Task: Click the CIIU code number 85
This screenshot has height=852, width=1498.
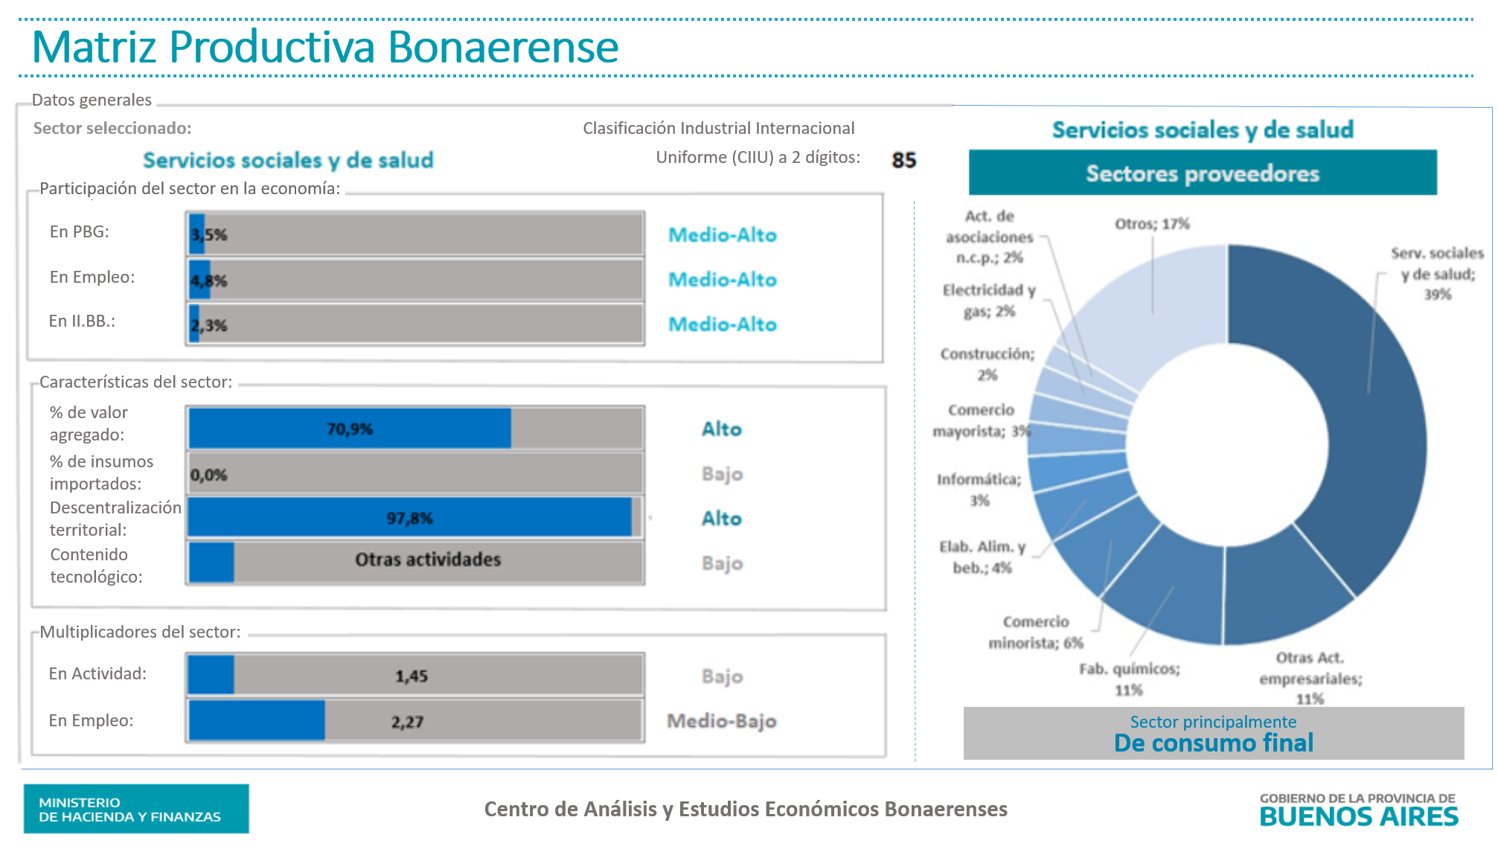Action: click(x=903, y=160)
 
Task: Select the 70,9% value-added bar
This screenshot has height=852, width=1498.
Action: click(x=350, y=429)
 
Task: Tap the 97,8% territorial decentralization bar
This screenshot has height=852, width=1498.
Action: click(x=409, y=518)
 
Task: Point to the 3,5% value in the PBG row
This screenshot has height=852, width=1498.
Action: click(x=209, y=235)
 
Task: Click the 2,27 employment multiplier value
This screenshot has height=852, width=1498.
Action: click(x=407, y=722)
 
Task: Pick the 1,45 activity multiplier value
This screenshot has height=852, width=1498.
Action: click(x=411, y=676)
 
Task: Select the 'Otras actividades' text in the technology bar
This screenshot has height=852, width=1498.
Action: click(x=428, y=560)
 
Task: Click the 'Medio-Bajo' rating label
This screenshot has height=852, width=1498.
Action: click(x=721, y=721)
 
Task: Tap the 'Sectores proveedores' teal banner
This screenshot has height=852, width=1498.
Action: click(x=1202, y=173)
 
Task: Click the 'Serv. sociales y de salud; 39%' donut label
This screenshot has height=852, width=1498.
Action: click(x=1437, y=274)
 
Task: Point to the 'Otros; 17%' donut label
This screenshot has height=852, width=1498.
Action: click(x=1152, y=224)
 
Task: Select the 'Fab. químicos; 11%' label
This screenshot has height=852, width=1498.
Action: click(x=1129, y=679)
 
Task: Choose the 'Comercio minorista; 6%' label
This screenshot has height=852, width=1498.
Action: click(x=1035, y=632)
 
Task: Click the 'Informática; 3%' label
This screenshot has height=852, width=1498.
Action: click(x=979, y=490)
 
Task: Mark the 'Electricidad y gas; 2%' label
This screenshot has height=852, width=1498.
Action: click(x=989, y=301)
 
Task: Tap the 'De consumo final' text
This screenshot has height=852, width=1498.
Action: click(x=1213, y=743)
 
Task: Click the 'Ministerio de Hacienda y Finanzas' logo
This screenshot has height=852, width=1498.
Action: click(x=136, y=809)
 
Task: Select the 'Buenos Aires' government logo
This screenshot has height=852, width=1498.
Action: click(x=1358, y=810)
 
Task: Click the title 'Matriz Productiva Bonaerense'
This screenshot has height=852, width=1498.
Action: click(x=325, y=47)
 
